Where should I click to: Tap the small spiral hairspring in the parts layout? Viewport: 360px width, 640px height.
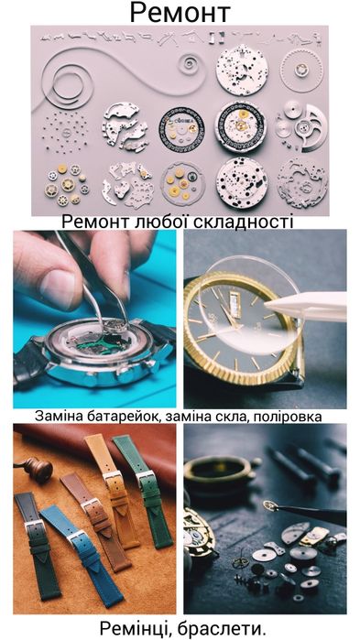[x=191, y=66]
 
